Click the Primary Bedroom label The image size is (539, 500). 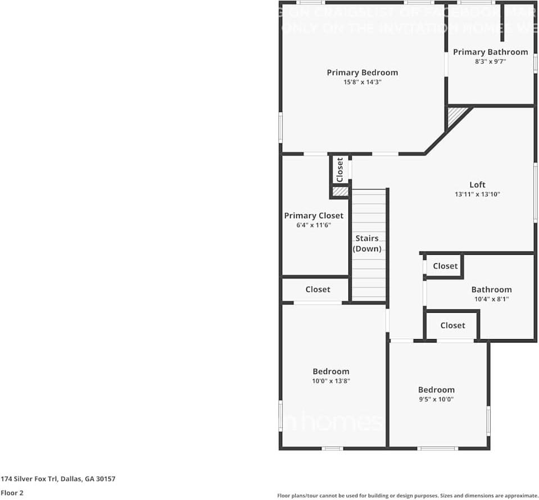[362, 73]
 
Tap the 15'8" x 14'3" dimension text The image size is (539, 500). [362, 82]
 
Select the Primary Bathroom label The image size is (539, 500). [490, 52]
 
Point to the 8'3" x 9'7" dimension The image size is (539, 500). [490, 62]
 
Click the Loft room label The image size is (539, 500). [477, 184]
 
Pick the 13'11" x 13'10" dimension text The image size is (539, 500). [477, 194]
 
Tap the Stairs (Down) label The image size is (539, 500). [367, 244]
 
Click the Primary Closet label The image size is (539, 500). [314, 216]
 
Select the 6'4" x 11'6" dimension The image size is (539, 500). [314, 225]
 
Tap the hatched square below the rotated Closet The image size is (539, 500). [339, 192]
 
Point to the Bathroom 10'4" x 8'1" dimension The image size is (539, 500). [491, 299]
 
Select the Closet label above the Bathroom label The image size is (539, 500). [445, 266]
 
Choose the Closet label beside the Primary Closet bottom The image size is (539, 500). [318, 290]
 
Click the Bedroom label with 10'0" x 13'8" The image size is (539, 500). [330, 371]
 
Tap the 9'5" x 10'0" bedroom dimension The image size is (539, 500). [436, 399]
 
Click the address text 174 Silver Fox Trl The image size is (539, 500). [58, 479]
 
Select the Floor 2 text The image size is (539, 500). [12, 493]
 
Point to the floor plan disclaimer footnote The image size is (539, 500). [407, 496]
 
